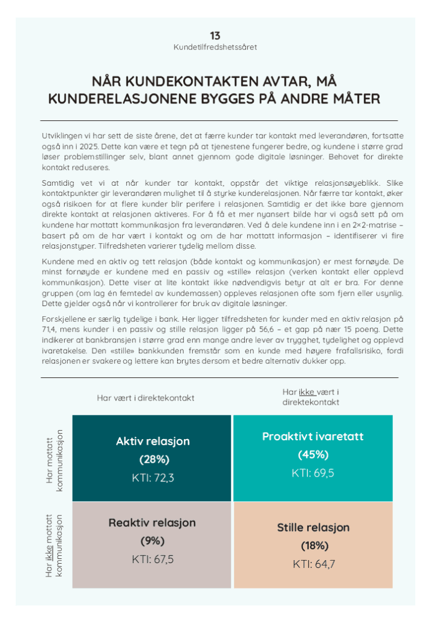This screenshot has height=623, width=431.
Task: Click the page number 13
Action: click(x=215, y=36)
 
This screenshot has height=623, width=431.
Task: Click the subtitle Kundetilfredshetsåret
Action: click(x=215, y=47)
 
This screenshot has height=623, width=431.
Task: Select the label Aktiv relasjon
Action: click(x=153, y=442)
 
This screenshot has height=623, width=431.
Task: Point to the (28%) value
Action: click(x=153, y=460)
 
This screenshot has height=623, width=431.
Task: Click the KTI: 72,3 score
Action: click(x=153, y=478)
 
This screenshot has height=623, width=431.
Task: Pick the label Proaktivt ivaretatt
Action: click(x=313, y=437)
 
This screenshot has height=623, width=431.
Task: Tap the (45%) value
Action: click(x=313, y=455)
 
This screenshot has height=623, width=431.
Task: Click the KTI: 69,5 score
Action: click(x=313, y=473)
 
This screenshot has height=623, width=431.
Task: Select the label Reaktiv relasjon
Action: click(x=152, y=523)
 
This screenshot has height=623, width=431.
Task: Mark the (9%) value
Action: click(x=152, y=541)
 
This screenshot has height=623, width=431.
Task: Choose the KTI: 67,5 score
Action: click(x=153, y=559)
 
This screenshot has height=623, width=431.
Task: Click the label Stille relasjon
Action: click(x=313, y=527)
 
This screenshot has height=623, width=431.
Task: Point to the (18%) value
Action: click(x=313, y=546)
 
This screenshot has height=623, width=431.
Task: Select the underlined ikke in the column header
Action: click(x=306, y=392)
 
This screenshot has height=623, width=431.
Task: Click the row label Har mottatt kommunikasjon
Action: click(x=54, y=460)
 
